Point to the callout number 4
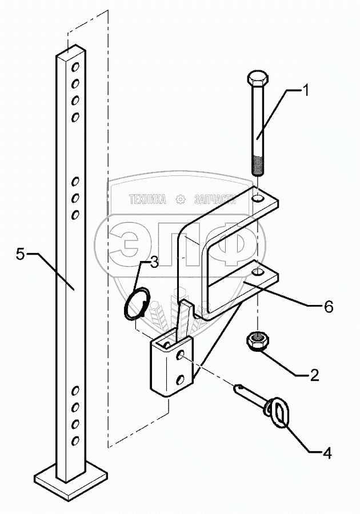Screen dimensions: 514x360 (327, 455)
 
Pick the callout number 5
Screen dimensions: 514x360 (20, 254)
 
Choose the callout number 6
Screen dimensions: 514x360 (328, 307)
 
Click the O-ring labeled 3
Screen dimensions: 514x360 (137, 303)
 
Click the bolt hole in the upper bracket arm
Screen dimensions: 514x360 (258, 199)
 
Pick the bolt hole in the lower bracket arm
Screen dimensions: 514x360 (258, 274)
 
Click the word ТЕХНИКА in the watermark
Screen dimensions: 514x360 (147, 199)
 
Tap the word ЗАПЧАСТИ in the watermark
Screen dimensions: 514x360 (215, 199)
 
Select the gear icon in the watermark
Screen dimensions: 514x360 (181, 199)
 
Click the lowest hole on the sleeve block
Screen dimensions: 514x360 (179, 379)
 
